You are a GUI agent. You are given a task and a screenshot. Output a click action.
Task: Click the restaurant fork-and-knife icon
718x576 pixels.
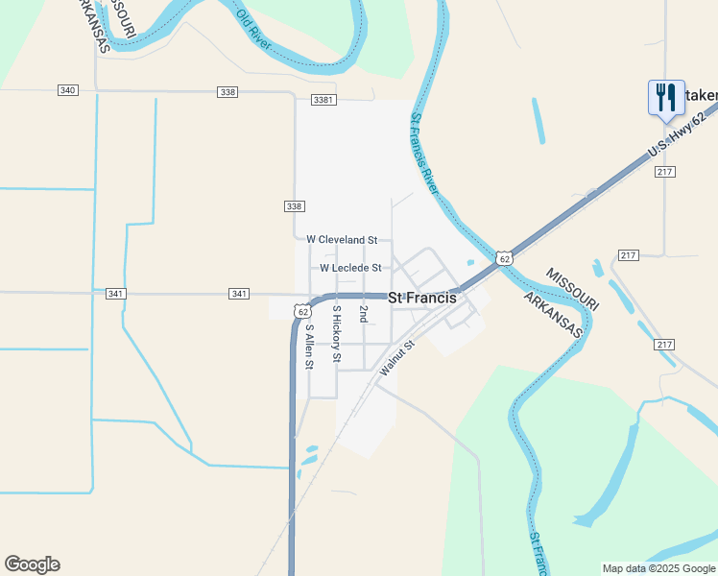665,97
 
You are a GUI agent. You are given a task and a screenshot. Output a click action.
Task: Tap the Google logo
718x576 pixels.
32,564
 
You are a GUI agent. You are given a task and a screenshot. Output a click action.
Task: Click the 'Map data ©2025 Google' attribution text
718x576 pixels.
658,568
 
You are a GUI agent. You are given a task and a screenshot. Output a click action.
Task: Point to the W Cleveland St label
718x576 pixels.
342,239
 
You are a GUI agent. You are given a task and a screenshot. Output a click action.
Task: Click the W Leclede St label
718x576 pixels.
350,268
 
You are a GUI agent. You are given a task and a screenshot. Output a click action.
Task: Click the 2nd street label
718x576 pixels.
363,313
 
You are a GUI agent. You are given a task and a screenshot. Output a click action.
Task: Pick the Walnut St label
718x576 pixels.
395,357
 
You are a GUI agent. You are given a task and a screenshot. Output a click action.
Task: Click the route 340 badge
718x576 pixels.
67,90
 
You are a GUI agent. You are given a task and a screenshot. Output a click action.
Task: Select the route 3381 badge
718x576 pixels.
323,99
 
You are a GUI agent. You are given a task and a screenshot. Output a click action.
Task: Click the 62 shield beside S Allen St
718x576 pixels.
303,311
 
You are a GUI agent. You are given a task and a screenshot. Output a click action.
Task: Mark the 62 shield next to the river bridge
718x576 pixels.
505,258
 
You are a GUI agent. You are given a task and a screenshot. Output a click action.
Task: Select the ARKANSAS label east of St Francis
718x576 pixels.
554,313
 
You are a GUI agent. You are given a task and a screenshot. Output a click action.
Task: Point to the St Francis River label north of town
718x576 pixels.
424,155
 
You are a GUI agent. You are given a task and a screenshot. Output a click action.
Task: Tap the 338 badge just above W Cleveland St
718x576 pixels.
295,206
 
